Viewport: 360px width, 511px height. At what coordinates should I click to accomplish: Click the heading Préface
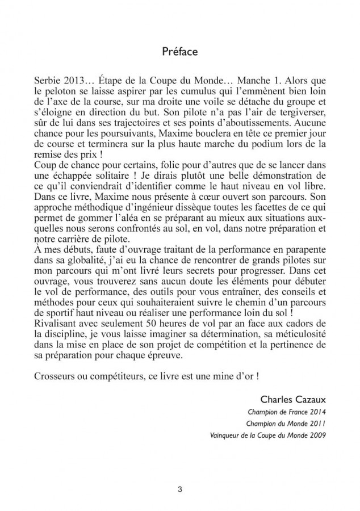pos(179,52)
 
